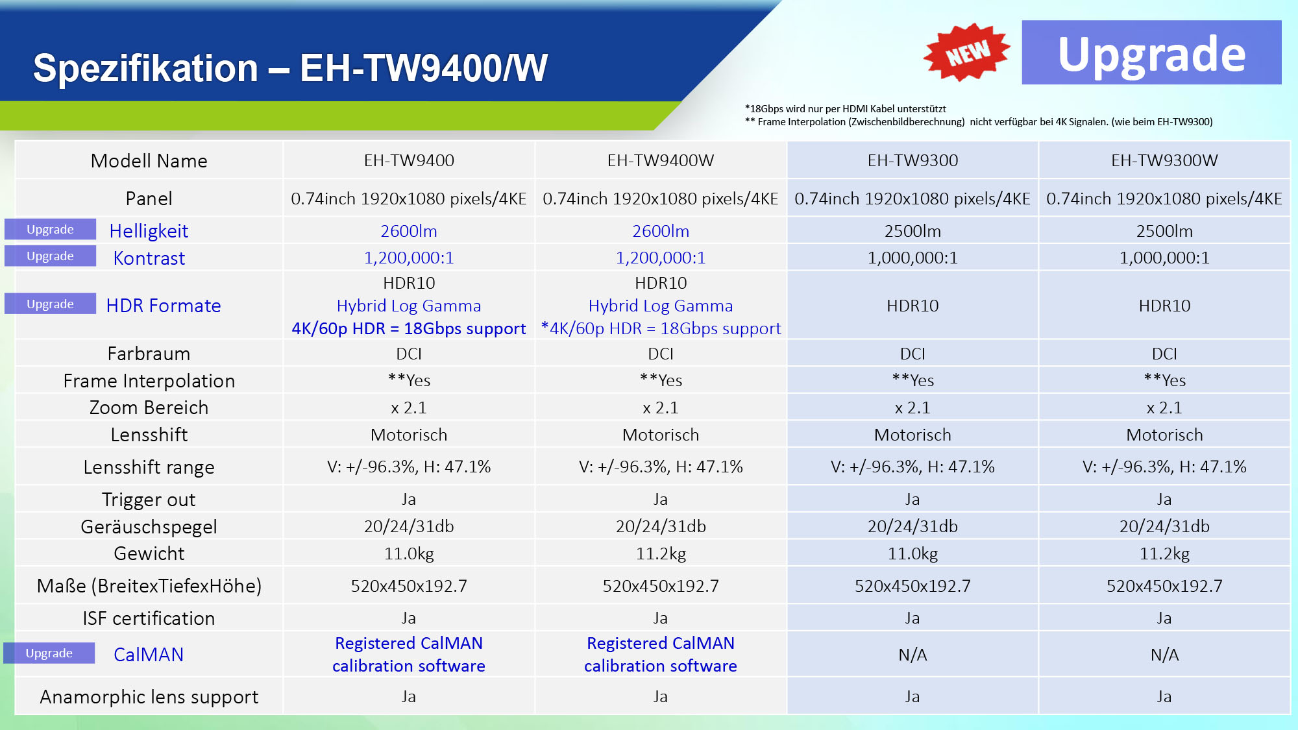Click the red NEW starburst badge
click(x=966, y=53)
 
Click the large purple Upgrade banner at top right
click(x=1151, y=53)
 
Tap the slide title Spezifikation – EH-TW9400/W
click(x=290, y=68)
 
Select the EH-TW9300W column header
click(x=1164, y=160)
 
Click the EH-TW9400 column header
click(x=409, y=160)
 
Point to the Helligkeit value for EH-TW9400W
click(x=661, y=231)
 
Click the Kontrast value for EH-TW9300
click(x=912, y=258)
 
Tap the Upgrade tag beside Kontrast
click(x=50, y=256)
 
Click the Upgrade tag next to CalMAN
click(x=49, y=653)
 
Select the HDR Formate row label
click(x=164, y=306)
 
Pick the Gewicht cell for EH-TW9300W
click(x=1164, y=554)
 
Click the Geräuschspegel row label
click(x=149, y=527)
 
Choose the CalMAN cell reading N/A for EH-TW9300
click(x=912, y=655)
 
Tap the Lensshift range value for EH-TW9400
click(x=409, y=467)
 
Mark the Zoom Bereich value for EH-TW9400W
click(x=661, y=408)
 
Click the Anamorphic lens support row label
click(x=149, y=697)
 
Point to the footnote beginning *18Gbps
click(x=845, y=109)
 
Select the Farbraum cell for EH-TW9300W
click(x=1164, y=354)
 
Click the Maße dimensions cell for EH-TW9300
click(x=912, y=586)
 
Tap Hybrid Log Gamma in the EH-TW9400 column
click(x=409, y=306)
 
